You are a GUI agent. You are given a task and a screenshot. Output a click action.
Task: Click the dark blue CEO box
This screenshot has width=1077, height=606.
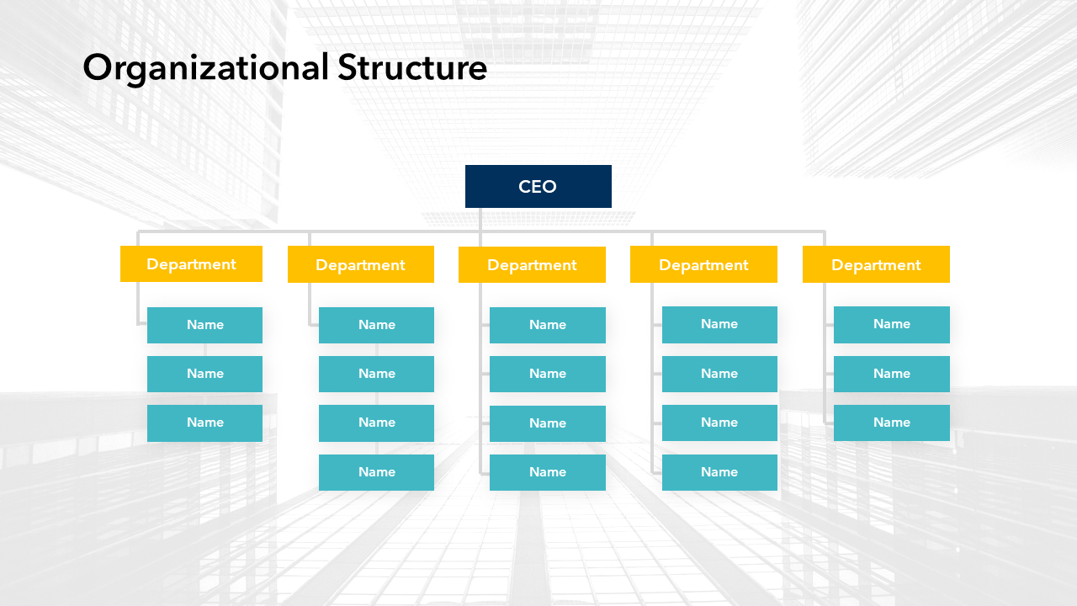538,186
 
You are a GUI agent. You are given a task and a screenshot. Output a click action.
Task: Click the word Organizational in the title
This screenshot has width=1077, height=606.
205,67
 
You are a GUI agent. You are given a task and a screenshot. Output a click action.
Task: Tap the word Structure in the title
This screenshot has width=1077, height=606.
412,67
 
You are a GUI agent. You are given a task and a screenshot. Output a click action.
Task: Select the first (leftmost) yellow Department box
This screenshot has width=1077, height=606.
191,264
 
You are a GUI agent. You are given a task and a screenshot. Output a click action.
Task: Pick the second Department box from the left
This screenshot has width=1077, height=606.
360,265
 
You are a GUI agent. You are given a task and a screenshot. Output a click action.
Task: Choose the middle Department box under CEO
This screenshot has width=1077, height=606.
532,265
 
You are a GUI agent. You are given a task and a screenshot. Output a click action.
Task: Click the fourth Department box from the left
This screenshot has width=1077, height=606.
703,265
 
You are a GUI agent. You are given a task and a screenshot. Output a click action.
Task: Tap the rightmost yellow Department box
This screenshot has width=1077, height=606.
876,265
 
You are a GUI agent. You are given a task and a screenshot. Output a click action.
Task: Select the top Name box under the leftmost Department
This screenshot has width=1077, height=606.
204,325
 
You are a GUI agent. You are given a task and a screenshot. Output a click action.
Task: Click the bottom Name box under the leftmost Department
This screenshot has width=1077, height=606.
204,423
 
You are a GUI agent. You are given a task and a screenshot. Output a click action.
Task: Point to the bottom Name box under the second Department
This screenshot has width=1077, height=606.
376,472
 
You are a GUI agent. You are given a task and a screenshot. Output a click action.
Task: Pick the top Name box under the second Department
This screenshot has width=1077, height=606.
376,325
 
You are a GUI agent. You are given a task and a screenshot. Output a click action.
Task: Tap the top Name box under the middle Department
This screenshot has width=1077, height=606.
547,325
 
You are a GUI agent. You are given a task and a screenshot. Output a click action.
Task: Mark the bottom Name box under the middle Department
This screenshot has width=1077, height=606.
547,472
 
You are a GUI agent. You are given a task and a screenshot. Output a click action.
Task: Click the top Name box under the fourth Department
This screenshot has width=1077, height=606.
719,324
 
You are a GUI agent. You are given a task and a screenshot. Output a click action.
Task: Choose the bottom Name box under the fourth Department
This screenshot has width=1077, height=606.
719,472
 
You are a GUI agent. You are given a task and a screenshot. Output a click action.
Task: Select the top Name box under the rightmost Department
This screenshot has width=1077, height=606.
891,324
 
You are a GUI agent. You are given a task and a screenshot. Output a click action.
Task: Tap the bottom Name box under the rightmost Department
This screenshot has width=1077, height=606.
891,423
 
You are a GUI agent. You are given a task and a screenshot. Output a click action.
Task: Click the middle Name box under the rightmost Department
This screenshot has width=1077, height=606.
891,374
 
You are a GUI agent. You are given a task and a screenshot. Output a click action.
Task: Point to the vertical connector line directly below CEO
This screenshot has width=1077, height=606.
480,220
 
